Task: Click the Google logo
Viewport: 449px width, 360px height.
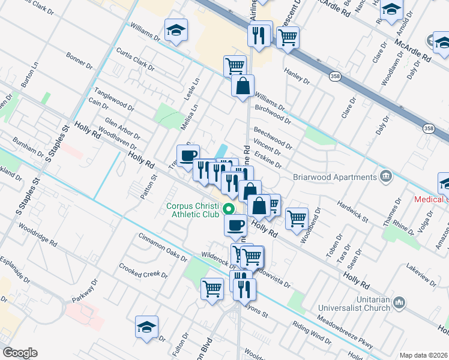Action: point(20,353)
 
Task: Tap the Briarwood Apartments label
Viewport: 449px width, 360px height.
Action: point(334,177)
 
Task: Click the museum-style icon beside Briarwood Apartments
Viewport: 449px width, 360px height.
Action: point(385,176)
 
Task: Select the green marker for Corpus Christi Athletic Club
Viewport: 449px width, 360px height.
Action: point(228,209)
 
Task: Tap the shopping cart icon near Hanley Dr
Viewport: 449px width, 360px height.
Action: point(288,37)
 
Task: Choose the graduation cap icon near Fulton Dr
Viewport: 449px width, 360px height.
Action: point(146,328)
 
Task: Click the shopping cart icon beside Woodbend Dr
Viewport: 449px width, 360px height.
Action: point(297,219)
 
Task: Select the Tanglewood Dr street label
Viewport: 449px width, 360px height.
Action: point(114,99)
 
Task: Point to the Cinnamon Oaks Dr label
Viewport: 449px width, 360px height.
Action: point(163,247)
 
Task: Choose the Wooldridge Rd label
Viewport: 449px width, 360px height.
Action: point(37,238)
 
